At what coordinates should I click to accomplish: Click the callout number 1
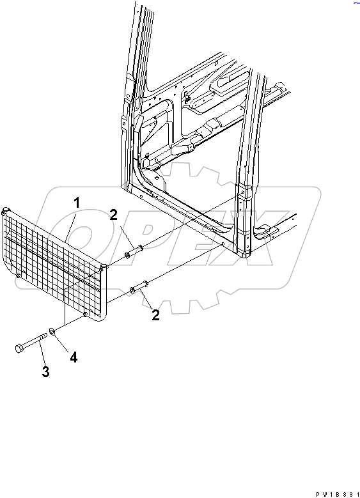pos(76,203)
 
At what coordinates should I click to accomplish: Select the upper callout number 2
pos(113,215)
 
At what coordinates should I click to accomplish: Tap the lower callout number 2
pos(155,315)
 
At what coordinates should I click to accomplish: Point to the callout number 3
pos(46,371)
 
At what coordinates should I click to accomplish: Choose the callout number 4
pos(74,357)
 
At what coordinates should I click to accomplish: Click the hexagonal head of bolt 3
pos(19,348)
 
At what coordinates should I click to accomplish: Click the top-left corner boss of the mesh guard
pos(6,210)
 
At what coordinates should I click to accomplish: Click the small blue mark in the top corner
pos(356,3)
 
